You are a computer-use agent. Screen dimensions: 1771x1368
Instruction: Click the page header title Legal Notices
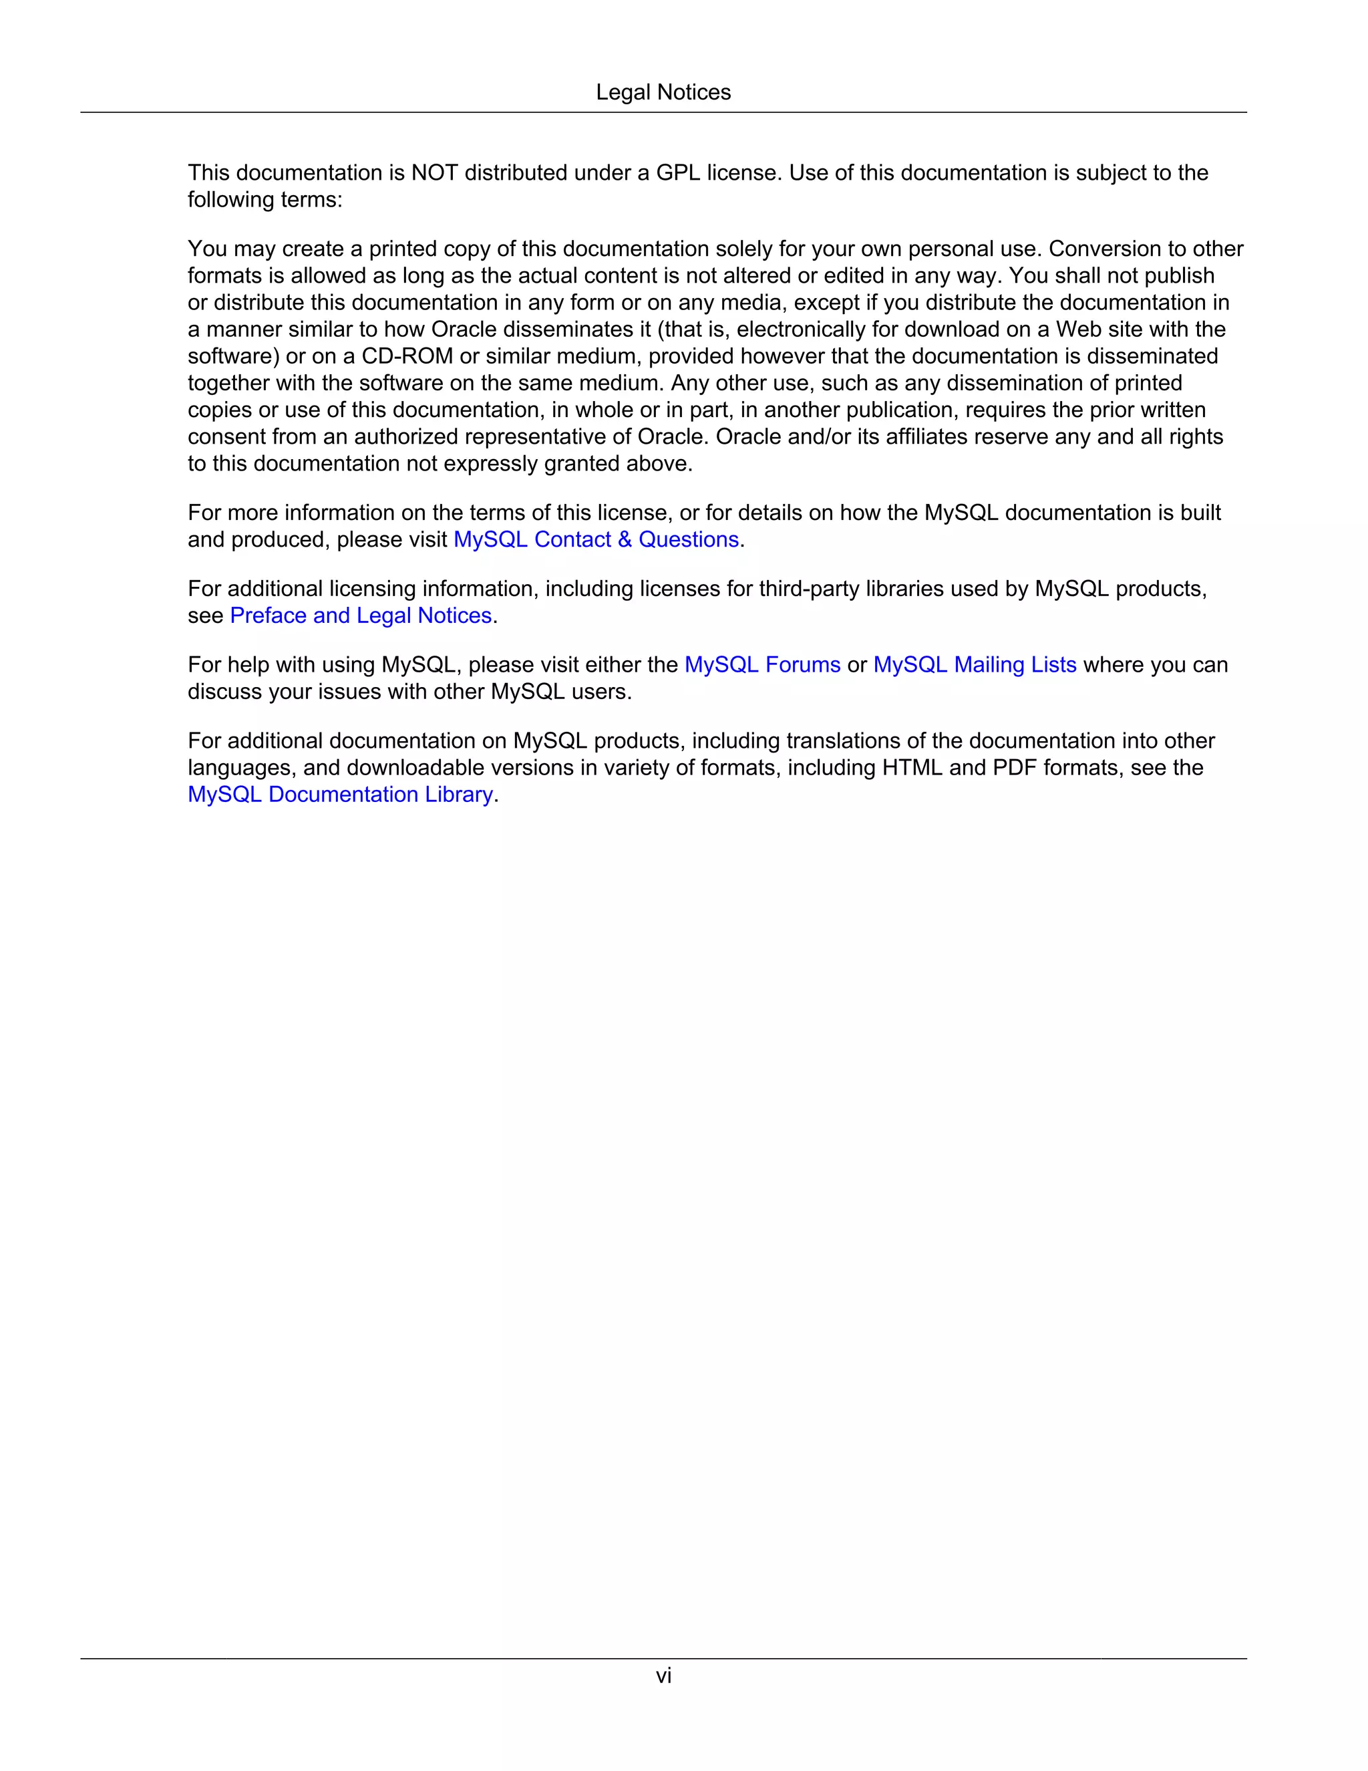(663, 92)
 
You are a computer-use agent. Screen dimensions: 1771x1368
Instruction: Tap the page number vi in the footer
(663, 1675)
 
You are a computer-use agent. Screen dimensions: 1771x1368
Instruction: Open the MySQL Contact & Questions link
(596, 539)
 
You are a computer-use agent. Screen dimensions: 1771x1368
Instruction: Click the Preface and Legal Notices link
(361, 616)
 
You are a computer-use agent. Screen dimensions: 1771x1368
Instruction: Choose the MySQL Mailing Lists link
(974, 665)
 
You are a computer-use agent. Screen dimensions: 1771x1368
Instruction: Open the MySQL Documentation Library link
(341, 795)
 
